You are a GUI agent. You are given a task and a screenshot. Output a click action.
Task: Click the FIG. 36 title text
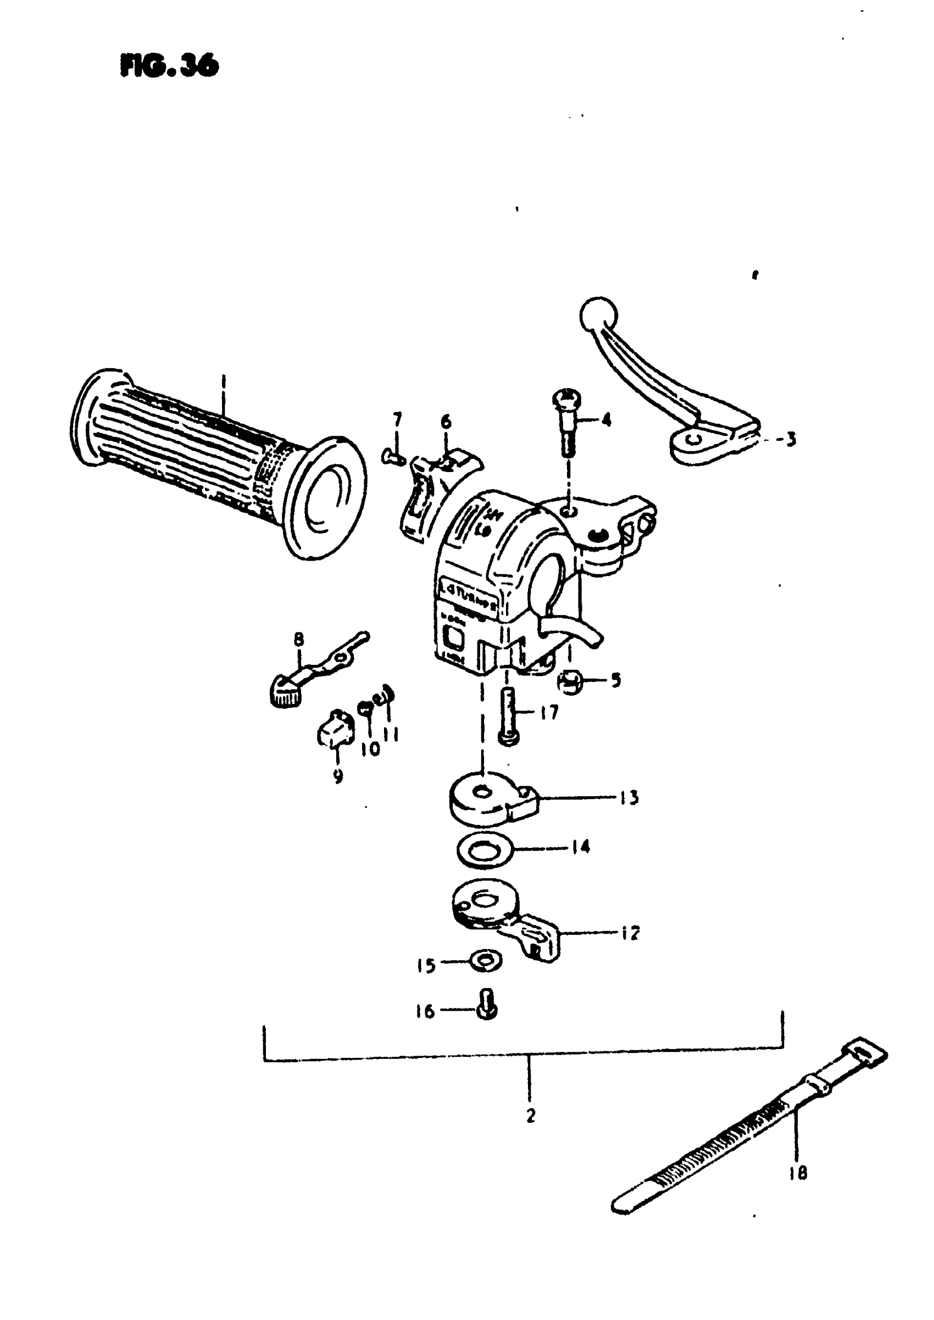170,65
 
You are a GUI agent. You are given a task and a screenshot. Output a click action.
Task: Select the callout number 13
629,798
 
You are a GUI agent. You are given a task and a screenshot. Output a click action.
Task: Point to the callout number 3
791,440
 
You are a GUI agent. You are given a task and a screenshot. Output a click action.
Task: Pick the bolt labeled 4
567,423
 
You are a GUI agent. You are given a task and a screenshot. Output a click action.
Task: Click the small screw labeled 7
393,457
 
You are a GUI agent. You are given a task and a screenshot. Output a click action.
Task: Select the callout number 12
631,933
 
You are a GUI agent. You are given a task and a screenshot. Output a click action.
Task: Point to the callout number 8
299,639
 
